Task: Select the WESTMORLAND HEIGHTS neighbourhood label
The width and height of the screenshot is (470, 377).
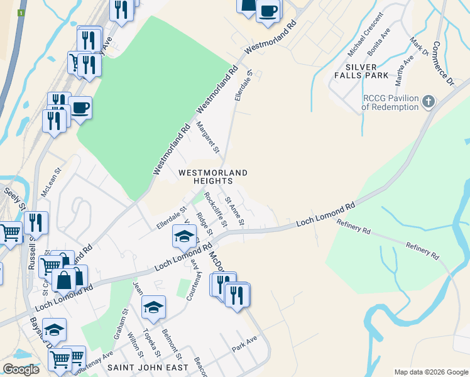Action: point(213,177)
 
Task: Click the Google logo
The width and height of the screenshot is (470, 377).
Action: point(20,369)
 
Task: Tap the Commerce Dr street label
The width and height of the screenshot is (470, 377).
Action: point(443,65)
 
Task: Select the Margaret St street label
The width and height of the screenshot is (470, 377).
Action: point(207,138)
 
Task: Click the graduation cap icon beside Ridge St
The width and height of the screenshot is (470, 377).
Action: point(184,236)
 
